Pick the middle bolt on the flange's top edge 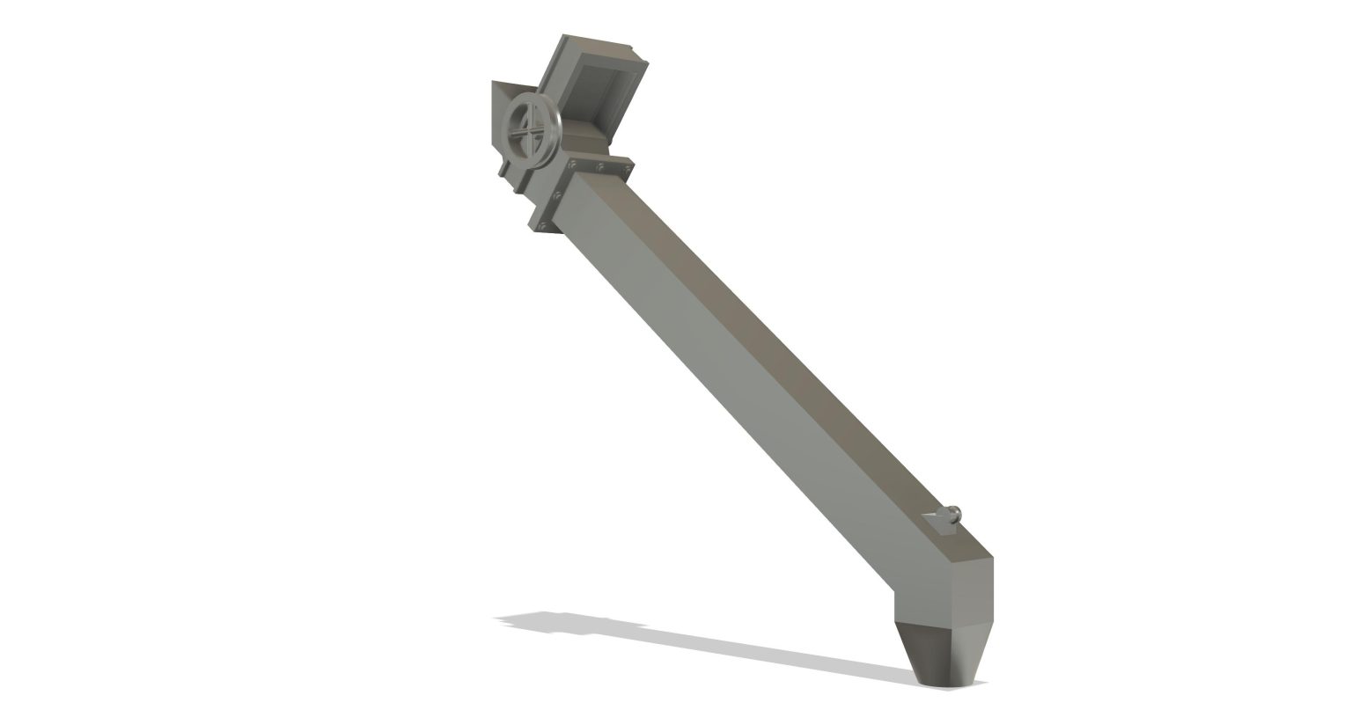click(599, 165)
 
